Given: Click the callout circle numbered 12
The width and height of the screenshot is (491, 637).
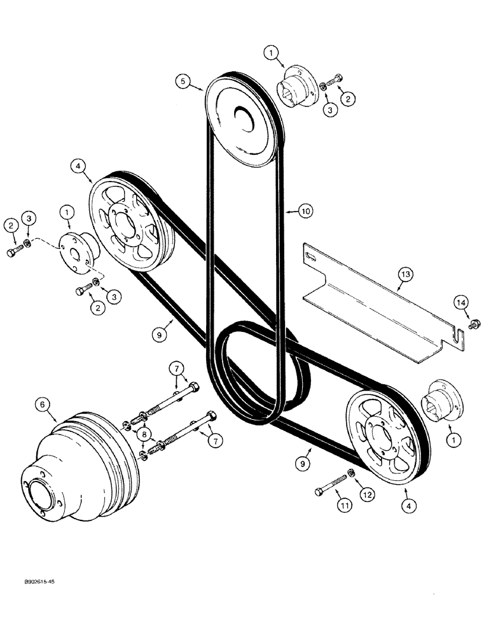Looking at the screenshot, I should coord(366,494).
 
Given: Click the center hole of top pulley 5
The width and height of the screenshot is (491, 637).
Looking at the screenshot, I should coord(242,114).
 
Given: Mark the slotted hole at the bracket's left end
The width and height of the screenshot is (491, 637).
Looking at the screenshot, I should coord(311,256).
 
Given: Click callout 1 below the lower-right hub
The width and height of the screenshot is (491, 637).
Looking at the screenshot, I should coord(452,439).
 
